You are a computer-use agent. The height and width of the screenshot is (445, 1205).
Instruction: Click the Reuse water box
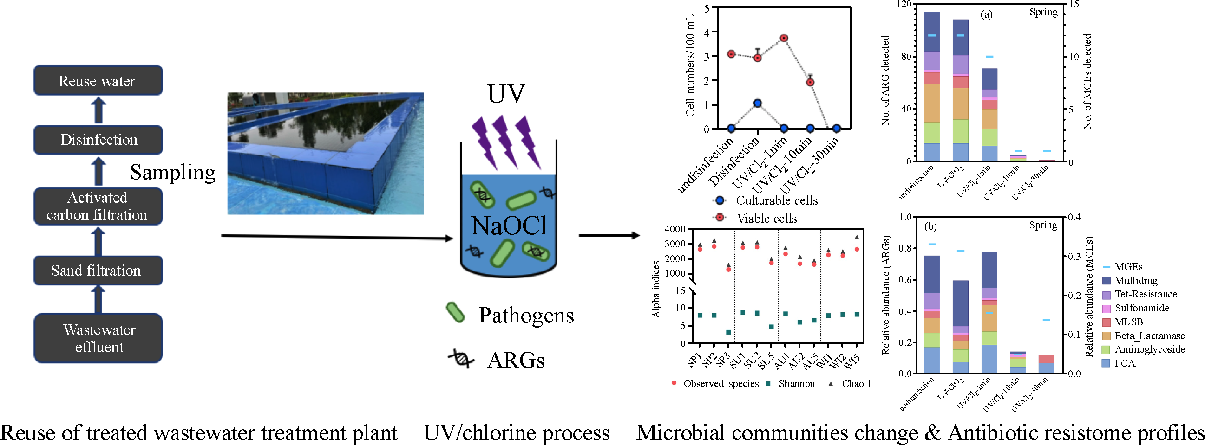pos(98,81)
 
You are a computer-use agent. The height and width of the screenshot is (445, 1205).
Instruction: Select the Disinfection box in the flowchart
pos(98,140)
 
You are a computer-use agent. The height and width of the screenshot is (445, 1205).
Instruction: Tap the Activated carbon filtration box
pos(98,206)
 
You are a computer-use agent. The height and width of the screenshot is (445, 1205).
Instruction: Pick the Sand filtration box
pos(98,270)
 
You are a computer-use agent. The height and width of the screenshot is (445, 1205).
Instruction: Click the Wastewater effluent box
pos(98,338)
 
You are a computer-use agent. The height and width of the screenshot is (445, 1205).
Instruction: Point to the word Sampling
pos(173,172)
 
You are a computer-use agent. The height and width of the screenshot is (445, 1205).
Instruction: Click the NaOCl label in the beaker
pos(509,226)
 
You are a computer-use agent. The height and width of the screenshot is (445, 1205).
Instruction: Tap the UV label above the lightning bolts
pos(506,93)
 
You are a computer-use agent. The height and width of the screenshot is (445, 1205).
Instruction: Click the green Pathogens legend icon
pos(455,312)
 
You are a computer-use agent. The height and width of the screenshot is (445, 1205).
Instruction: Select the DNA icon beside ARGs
pos(461,359)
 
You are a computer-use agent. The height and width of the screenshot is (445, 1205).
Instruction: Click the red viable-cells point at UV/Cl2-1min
pos(784,39)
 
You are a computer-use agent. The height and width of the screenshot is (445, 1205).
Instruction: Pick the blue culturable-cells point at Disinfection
pos(758,103)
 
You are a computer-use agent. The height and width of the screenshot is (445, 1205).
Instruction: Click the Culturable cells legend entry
pos(776,200)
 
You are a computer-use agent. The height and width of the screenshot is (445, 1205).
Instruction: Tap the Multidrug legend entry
pos(1135,280)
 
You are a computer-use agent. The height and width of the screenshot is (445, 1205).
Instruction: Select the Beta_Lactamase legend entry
pos(1149,335)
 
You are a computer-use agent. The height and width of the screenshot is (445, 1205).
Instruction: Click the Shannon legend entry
pos(796,384)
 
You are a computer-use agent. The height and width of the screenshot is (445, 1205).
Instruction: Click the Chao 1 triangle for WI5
pos(857,237)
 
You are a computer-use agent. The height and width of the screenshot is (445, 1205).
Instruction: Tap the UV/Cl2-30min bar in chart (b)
pos(1047,364)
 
